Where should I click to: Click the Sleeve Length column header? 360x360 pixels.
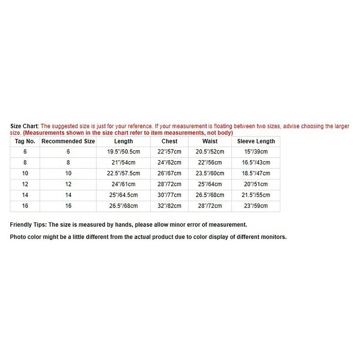click(x=256, y=141)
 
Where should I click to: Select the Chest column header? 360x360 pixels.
click(x=170, y=141)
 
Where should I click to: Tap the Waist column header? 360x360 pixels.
click(x=210, y=141)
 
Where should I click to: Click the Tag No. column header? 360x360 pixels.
click(x=25, y=141)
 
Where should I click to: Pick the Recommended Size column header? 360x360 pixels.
click(x=68, y=141)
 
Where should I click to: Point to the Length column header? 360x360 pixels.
click(x=124, y=141)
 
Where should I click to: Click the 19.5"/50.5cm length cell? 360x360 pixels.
click(x=124, y=152)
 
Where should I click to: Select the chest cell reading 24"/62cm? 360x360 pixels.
click(x=170, y=162)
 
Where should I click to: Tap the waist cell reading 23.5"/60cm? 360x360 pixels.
click(x=210, y=173)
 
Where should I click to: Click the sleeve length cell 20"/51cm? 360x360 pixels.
click(x=256, y=184)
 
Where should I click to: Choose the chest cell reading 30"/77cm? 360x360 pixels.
click(x=170, y=195)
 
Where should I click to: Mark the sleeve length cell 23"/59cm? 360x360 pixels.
click(x=256, y=206)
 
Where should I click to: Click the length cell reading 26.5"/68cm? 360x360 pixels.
click(x=124, y=206)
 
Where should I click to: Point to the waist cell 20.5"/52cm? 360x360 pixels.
click(x=210, y=152)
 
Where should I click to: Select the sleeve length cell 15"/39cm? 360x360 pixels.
click(x=256, y=152)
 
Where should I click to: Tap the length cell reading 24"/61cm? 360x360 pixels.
click(x=124, y=184)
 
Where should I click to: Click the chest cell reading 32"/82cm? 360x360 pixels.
click(x=170, y=206)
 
